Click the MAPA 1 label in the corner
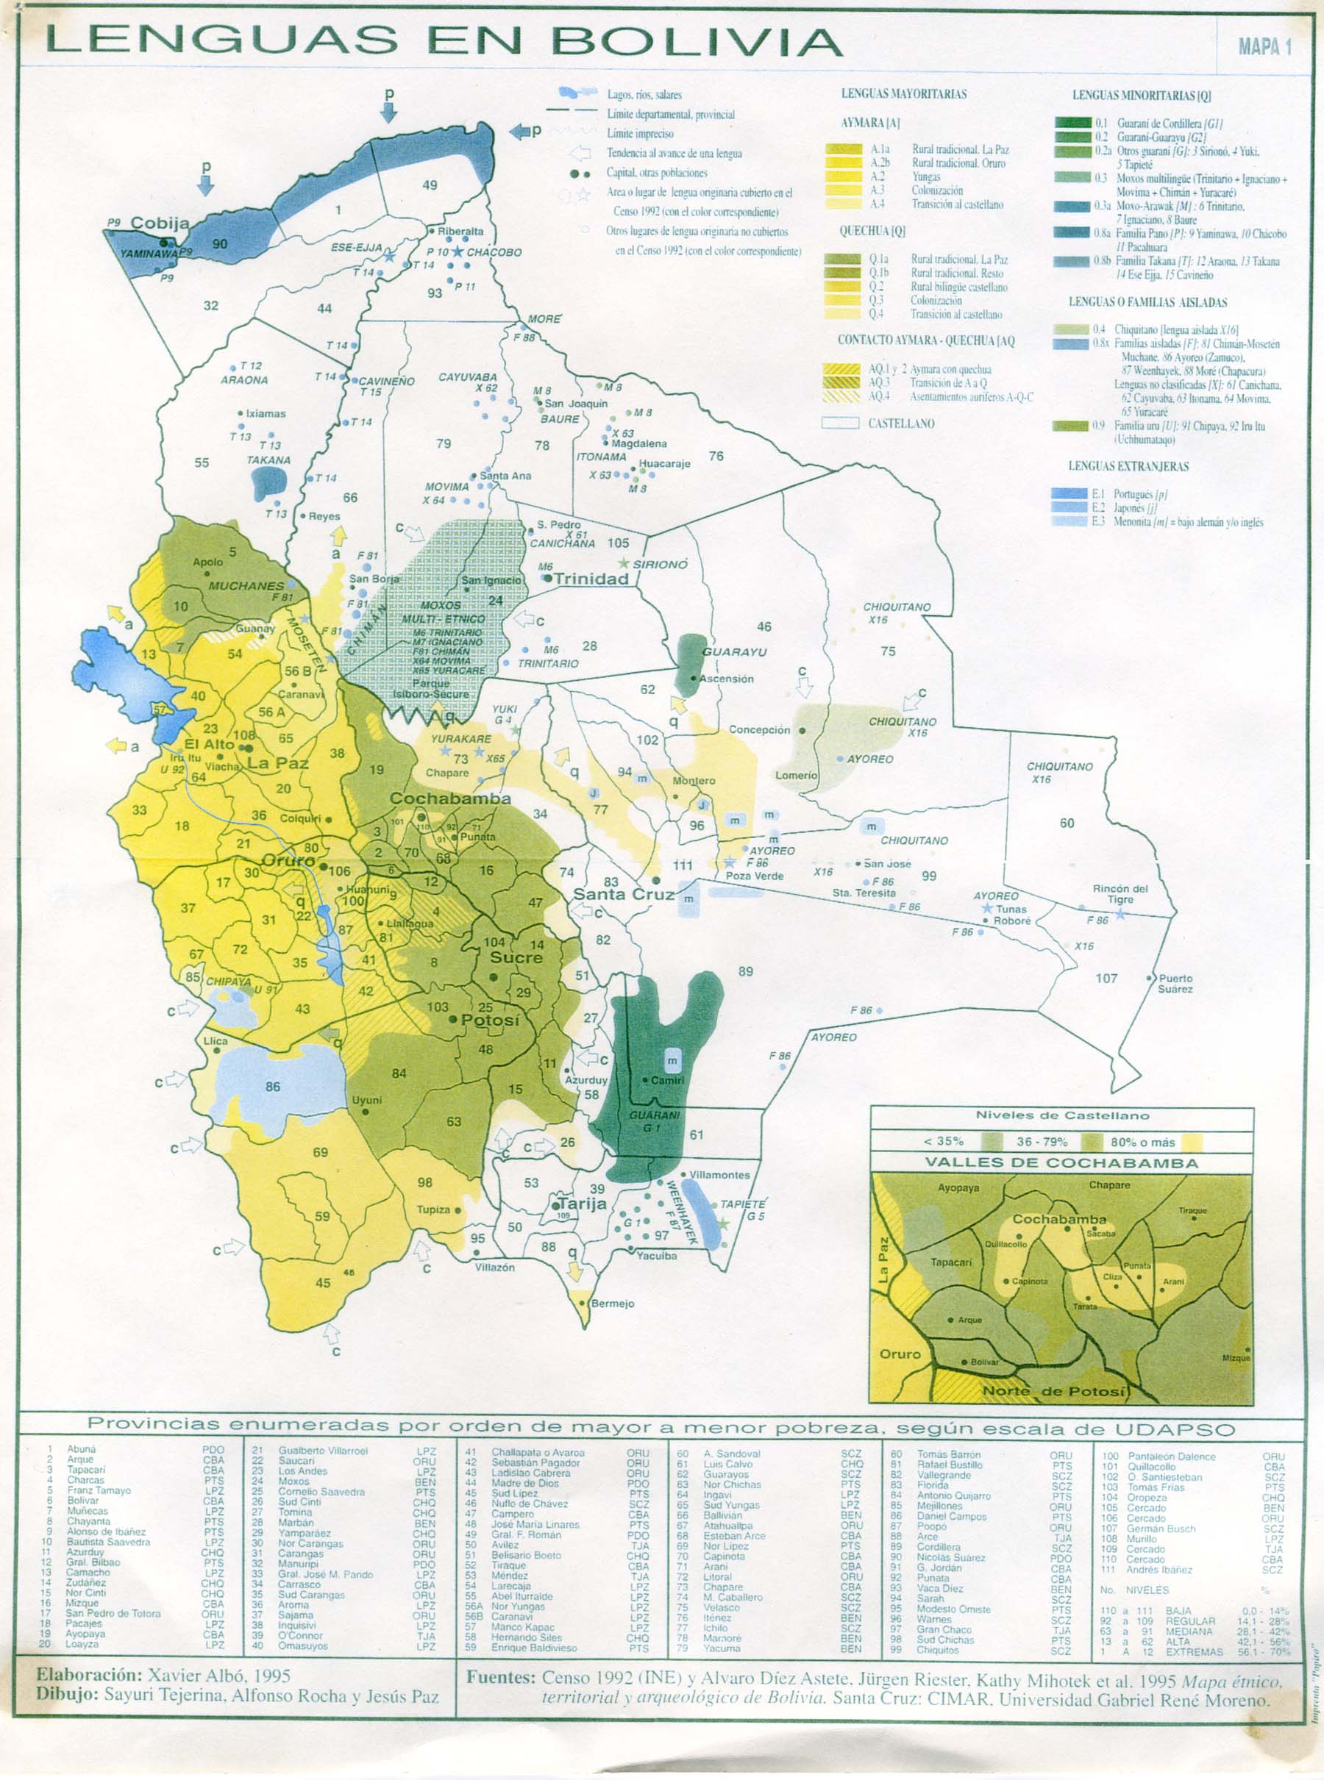click(1264, 46)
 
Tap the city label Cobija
click(160, 224)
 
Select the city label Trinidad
click(591, 579)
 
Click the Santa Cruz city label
click(623, 894)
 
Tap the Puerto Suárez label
click(1175, 983)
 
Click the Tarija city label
click(582, 1204)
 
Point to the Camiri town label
click(667, 1080)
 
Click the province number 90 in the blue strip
click(220, 244)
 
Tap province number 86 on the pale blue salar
click(274, 1087)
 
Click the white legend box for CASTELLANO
click(841, 423)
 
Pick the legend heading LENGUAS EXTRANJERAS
click(1128, 466)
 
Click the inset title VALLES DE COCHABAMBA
click(1061, 1162)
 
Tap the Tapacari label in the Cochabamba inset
click(950, 1262)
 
